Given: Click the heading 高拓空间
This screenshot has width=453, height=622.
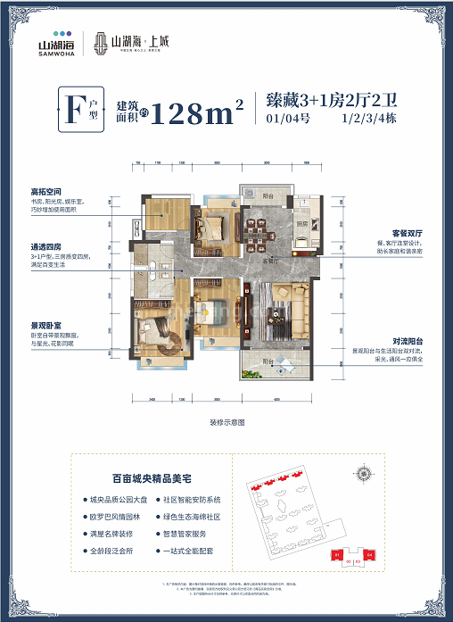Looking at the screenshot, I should point(45,191).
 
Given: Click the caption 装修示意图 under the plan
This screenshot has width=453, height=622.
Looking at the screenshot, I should point(226,421).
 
